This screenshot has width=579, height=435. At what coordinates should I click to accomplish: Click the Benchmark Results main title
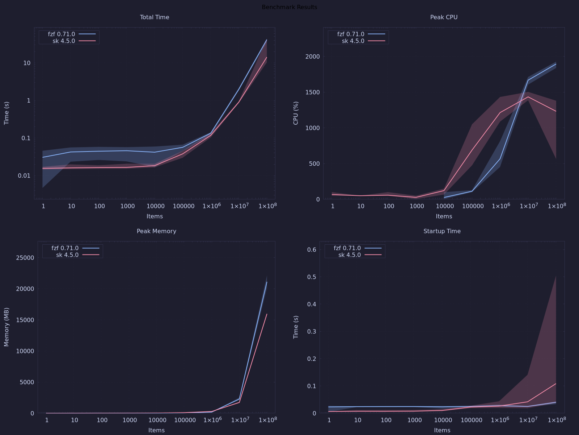(x=289, y=7)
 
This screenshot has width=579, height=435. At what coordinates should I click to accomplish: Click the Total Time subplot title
(x=155, y=17)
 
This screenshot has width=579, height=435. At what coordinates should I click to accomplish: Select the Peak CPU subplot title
(x=444, y=17)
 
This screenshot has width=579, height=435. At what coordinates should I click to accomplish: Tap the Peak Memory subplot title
(x=156, y=231)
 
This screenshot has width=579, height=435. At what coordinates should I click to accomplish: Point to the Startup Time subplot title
(x=442, y=231)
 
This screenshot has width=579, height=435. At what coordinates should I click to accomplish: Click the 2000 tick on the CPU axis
(x=313, y=57)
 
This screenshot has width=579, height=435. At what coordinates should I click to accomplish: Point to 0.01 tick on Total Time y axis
(x=24, y=176)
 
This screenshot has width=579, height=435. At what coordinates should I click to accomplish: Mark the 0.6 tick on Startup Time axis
(x=312, y=249)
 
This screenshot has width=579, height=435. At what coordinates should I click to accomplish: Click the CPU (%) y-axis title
(x=296, y=113)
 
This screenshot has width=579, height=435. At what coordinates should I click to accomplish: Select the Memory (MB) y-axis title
(x=6, y=327)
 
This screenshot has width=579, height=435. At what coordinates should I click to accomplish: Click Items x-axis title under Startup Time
(x=442, y=430)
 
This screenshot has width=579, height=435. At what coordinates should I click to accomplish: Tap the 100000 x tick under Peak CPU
(x=473, y=206)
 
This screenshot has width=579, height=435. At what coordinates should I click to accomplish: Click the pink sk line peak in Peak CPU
(x=528, y=97)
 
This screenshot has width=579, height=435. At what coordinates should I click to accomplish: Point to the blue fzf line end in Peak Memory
(x=267, y=282)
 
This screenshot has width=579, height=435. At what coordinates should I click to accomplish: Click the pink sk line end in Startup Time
(x=556, y=384)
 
